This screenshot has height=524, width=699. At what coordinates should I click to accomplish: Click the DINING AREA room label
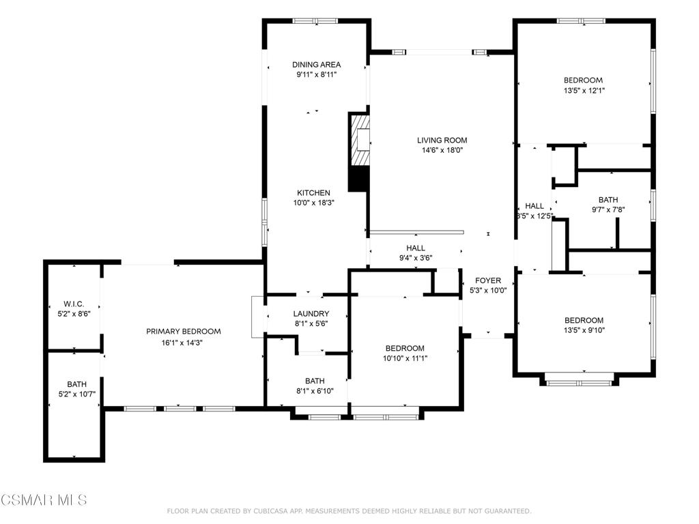[316, 65]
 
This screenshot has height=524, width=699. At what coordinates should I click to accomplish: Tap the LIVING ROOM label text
[442, 141]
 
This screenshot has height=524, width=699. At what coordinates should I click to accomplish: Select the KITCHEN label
[313, 193]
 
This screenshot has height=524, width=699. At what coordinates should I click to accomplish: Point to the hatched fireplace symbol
[360, 141]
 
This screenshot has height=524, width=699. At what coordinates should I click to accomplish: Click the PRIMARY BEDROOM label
[184, 332]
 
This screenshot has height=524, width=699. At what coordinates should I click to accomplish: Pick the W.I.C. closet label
[74, 304]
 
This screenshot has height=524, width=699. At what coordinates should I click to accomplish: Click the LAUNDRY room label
[311, 314]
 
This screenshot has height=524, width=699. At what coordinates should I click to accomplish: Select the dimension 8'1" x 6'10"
[315, 391]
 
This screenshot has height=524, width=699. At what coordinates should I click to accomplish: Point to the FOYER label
[488, 280]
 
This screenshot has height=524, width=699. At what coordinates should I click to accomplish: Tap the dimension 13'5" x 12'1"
[583, 90]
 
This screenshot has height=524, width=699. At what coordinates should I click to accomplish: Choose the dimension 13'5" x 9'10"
[584, 330]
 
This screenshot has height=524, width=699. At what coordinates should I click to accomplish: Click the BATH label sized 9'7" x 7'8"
[608, 200]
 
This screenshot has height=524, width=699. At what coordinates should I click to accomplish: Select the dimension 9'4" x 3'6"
[415, 258]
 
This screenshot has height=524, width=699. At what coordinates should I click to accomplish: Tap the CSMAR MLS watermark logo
[44, 500]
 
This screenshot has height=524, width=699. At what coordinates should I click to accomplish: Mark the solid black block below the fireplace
[358, 178]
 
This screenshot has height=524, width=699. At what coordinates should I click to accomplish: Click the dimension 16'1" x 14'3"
[183, 342]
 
